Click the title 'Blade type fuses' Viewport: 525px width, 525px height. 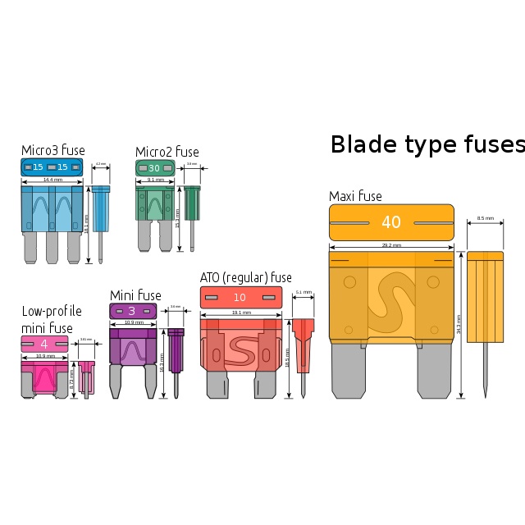427,144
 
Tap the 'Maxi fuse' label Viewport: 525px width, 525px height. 355,196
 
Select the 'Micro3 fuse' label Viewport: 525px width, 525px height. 52,150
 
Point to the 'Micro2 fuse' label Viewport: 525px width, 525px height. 167,152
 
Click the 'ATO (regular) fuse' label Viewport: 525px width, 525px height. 245,277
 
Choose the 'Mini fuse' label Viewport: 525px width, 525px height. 135,295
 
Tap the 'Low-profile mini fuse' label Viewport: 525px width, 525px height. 51,320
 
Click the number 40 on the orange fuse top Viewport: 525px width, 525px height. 391,222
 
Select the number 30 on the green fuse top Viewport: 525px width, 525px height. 154,168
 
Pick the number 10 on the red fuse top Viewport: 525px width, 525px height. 240,297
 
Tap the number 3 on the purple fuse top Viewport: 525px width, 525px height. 132,311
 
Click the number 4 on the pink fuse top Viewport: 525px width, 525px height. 44,344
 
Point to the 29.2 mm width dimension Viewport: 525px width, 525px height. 391,245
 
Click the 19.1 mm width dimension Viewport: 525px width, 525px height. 240,313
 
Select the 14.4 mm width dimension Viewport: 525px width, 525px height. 52,180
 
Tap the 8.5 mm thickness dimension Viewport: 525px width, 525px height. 485,218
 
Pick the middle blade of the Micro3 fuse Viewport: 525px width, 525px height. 52,246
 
